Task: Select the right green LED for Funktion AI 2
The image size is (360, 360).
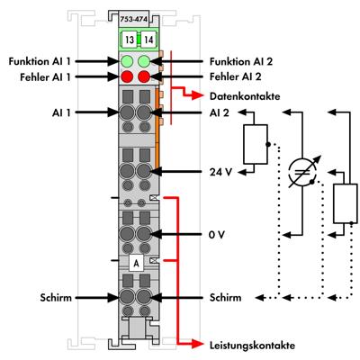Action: tap(144, 61)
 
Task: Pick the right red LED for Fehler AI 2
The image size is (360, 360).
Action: tap(144, 77)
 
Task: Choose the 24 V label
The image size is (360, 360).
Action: tap(220, 170)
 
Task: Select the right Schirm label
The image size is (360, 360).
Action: tap(227, 296)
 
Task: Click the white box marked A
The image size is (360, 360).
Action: tap(135, 264)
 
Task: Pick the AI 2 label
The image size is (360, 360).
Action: tap(217, 114)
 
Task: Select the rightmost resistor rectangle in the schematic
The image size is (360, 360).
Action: tap(342, 203)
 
